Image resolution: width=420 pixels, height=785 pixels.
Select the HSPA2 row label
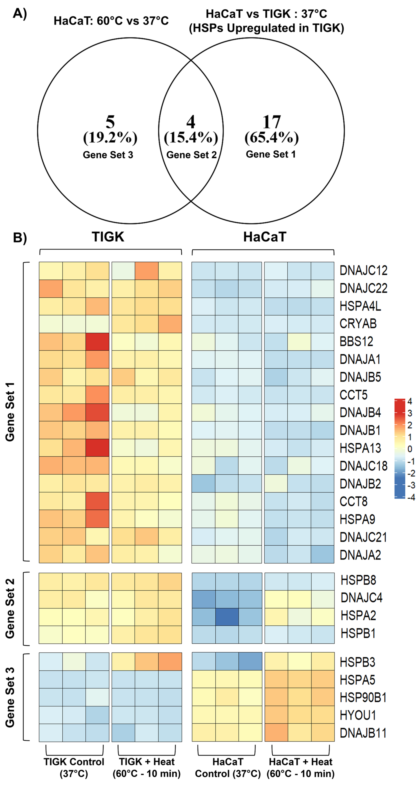tap(358, 616)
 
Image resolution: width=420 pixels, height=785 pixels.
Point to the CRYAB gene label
tap(358, 324)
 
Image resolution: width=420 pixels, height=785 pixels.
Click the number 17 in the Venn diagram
tap(271, 122)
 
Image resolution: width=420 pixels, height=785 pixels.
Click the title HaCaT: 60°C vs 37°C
tap(111, 21)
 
